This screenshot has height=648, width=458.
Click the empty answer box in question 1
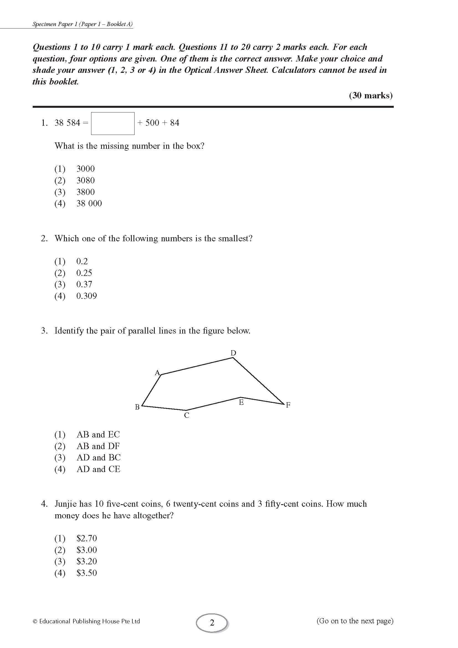pos(112,123)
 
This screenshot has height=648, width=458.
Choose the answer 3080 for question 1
pos(86,180)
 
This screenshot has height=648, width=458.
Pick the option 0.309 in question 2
pos(86,296)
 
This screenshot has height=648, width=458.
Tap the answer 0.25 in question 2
pos(84,273)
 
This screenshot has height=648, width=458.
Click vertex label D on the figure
pos(233,353)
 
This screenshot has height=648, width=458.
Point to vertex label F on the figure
pos(288,405)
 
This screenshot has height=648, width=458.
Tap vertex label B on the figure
pos(137,407)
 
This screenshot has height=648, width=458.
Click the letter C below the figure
pos(186,415)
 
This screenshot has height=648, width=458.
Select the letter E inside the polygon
pos(241,403)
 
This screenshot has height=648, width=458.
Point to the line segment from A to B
pos(151,390)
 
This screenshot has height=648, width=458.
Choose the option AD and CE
pos(98,469)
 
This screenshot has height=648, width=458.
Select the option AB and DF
pos(98,446)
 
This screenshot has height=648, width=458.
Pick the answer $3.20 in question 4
pos(87,561)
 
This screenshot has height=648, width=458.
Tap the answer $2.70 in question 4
pos(87,538)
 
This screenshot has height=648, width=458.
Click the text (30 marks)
pos(370,96)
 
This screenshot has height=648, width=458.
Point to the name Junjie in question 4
pos(65,504)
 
